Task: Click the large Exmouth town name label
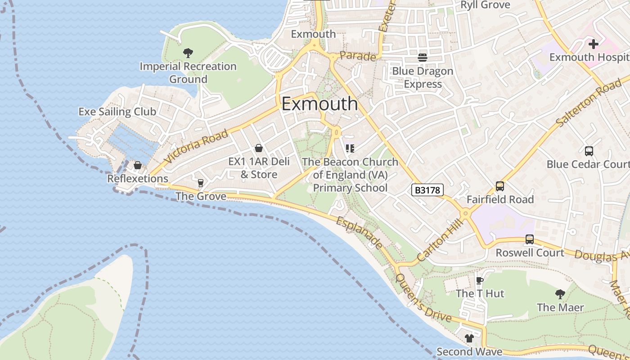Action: (319, 104)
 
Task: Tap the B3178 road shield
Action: (427, 190)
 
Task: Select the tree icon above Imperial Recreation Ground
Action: (188, 53)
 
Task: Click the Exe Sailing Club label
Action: (117, 112)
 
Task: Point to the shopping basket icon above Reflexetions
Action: (138, 165)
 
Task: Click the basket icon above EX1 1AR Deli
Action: (259, 148)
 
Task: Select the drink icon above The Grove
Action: (201, 183)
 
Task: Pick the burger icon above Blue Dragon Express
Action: (422, 58)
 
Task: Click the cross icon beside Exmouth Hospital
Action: (594, 44)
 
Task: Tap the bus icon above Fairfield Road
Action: (499, 186)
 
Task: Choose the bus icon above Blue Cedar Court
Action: (589, 151)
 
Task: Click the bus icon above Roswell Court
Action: (530, 239)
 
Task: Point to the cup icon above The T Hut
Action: (480, 280)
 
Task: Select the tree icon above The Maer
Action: (560, 294)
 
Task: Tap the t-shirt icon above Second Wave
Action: (469, 338)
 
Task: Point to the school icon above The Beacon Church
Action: (350, 148)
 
